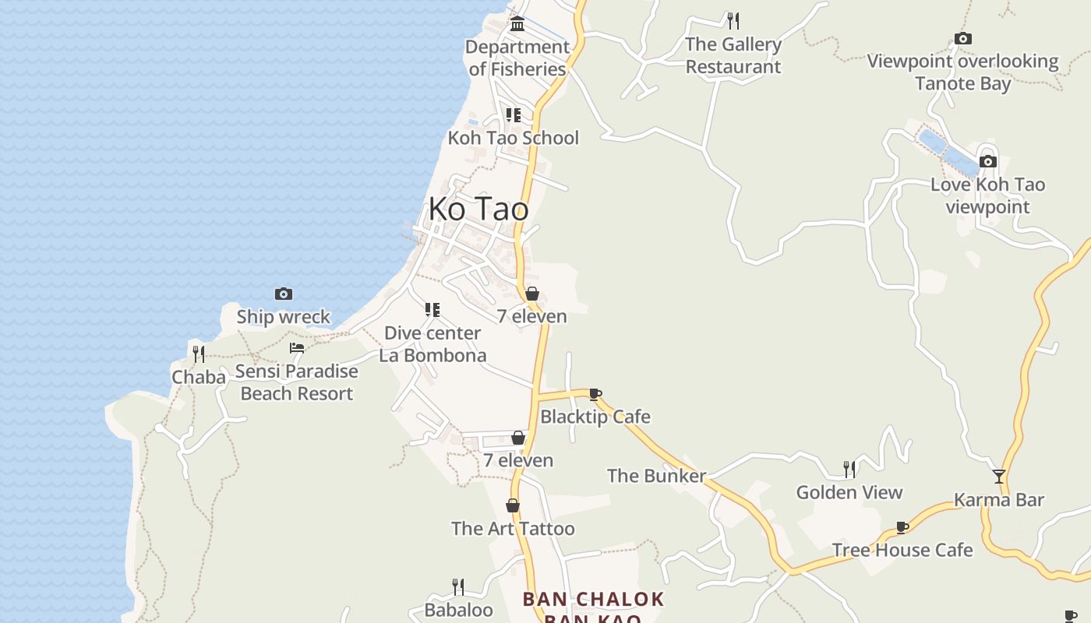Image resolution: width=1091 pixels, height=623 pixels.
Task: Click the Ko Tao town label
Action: click(x=478, y=209)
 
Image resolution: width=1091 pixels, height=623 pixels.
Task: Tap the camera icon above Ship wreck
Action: click(x=284, y=294)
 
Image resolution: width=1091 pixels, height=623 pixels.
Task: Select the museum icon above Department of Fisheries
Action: click(x=517, y=24)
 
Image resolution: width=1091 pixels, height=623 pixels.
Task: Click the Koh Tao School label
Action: click(x=514, y=138)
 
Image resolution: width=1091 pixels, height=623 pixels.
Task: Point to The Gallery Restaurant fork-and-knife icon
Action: click(x=733, y=20)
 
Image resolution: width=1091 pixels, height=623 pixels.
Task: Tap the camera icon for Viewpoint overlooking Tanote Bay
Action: click(x=963, y=38)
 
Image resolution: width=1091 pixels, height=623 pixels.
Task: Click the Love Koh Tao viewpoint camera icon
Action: click(x=988, y=161)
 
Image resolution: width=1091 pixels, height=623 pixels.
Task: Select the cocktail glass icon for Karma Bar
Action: click(x=999, y=477)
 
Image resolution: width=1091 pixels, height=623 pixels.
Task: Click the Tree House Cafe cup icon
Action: click(x=902, y=527)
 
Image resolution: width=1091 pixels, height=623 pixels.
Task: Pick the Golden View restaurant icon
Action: click(x=849, y=469)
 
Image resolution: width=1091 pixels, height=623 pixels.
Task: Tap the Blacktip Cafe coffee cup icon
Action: click(x=595, y=394)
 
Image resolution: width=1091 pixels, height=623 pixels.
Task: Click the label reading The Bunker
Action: click(x=656, y=475)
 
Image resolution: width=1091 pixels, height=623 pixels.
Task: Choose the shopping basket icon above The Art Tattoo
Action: click(x=513, y=505)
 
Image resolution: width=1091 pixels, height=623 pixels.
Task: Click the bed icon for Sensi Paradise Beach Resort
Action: click(x=297, y=347)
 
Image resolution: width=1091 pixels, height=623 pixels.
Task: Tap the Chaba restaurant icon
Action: click(x=199, y=354)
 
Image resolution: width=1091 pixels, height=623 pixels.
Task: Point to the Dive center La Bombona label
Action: click(x=433, y=344)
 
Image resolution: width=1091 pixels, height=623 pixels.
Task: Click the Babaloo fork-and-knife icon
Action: click(x=458, y=586)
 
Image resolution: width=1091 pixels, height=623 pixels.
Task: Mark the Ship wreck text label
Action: click(x=284, y=317)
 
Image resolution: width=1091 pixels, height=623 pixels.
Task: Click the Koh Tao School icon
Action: click(x=513, y=115)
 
